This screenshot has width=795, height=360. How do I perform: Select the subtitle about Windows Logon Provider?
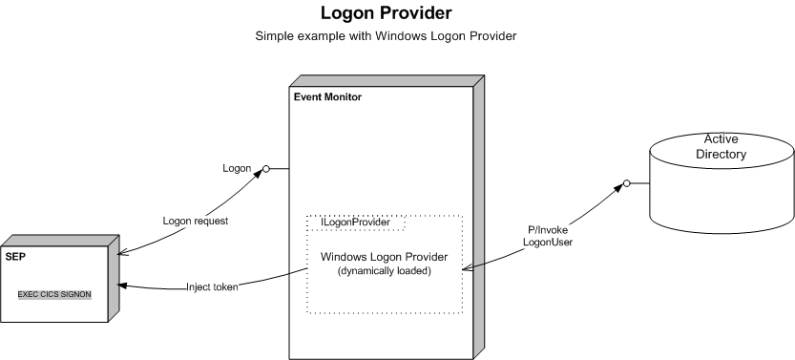pos(386,37)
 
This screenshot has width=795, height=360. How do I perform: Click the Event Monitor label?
pos(327,97)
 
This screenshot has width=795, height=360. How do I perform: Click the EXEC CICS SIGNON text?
pos(55,294)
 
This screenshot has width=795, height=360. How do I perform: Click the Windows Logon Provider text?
pos(384,257)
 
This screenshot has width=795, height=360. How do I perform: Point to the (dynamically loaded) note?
pos(384,271)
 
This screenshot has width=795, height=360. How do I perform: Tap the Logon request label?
pos(196,220)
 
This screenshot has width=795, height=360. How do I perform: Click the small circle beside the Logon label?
pos(266,169)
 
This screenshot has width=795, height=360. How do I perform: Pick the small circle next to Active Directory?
pos(627,182)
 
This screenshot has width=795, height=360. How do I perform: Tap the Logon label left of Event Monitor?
pos(236,168)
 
